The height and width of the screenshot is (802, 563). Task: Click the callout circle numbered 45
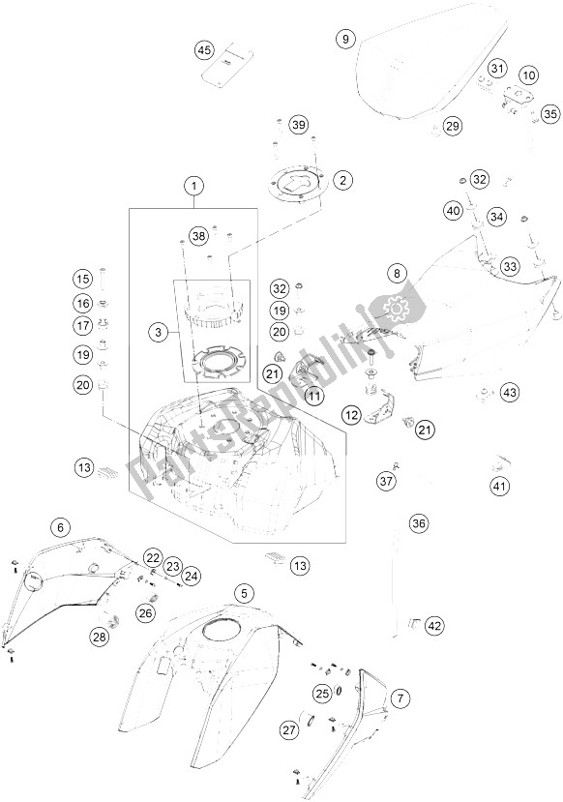tap(203, 49)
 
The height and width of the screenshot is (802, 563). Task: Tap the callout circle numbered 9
tap(344, 39)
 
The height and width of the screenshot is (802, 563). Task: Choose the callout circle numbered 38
tap(197, 235)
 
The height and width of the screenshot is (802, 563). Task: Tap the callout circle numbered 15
tap(81, 279)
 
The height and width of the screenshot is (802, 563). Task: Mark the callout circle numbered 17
tap(81, 325)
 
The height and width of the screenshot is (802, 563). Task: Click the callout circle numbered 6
tap(60, 527)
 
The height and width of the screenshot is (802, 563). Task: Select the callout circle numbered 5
tap(246, 591)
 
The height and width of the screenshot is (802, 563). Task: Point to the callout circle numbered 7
tap(401, 697)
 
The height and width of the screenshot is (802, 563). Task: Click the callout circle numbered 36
tap(418, 523)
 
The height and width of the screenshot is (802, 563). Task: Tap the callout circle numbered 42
tap(434, 625)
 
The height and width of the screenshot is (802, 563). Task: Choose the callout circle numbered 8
tap(397, 275)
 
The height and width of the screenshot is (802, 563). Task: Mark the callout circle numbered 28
tap(100, 636)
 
